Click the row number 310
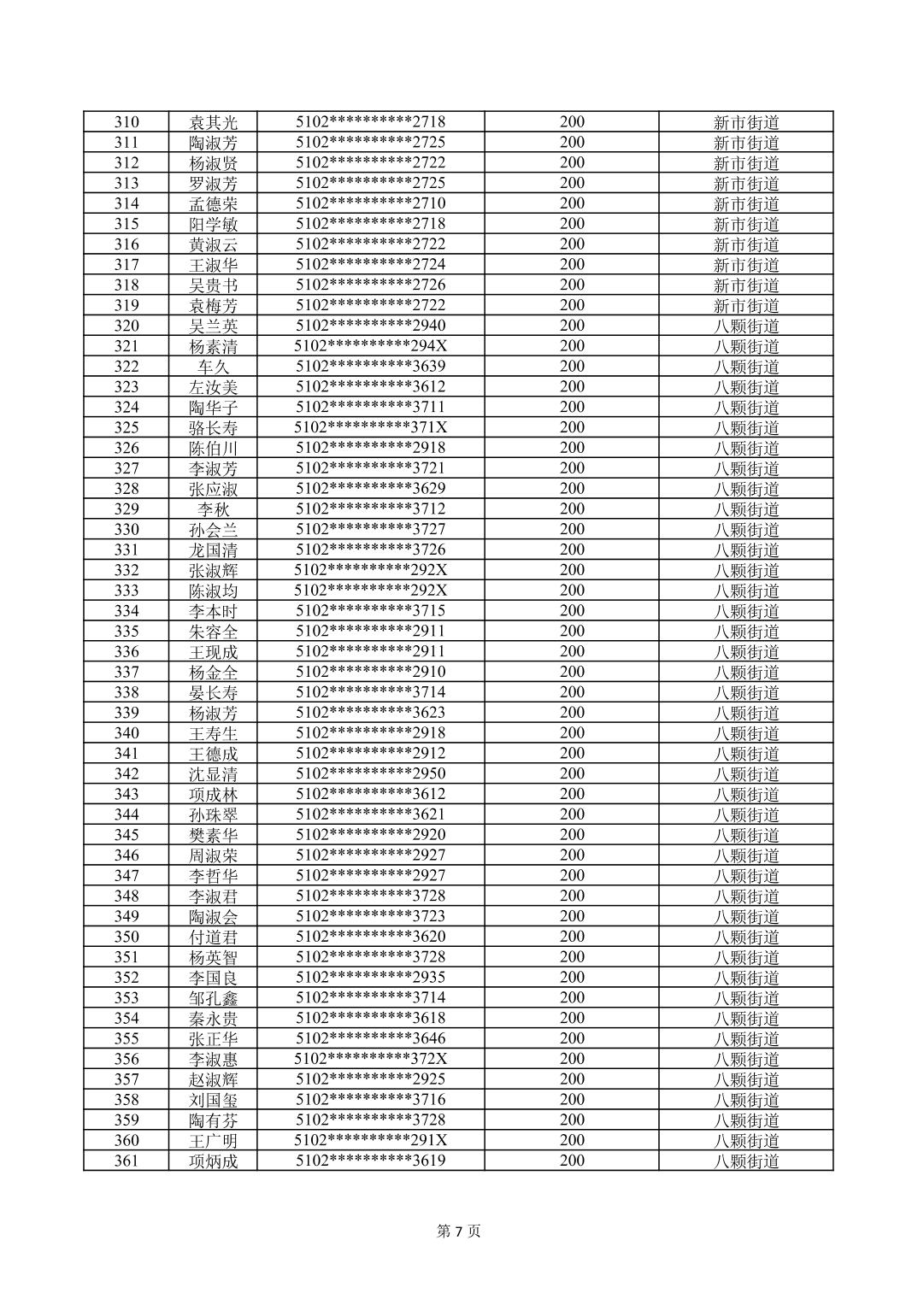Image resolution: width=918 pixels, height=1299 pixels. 126,122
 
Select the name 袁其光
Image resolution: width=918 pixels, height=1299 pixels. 213,122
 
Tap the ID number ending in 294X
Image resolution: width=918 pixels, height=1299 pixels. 370,346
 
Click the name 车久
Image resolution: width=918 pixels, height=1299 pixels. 213,367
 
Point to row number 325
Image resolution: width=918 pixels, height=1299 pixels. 126,427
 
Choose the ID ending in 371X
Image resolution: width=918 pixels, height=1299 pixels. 370,427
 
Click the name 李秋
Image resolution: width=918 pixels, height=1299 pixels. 213,509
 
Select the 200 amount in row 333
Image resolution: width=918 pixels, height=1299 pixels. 572,591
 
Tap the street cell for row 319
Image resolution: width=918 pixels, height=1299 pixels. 746,305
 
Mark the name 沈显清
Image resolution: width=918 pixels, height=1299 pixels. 213,774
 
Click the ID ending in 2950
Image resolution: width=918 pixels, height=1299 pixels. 370,773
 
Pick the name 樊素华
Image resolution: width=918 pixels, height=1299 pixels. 213,835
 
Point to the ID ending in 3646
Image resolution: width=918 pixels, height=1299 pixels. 370,1038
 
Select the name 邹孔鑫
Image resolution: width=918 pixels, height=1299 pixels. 213,998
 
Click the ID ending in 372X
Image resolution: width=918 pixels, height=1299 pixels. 370,1059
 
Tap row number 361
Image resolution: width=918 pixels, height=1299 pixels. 126,1161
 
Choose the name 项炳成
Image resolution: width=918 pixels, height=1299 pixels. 213,1161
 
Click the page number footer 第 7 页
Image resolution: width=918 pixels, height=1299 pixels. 459,1231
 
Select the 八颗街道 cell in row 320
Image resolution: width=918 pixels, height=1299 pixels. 746,326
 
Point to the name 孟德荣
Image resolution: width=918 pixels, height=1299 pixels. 213,203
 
